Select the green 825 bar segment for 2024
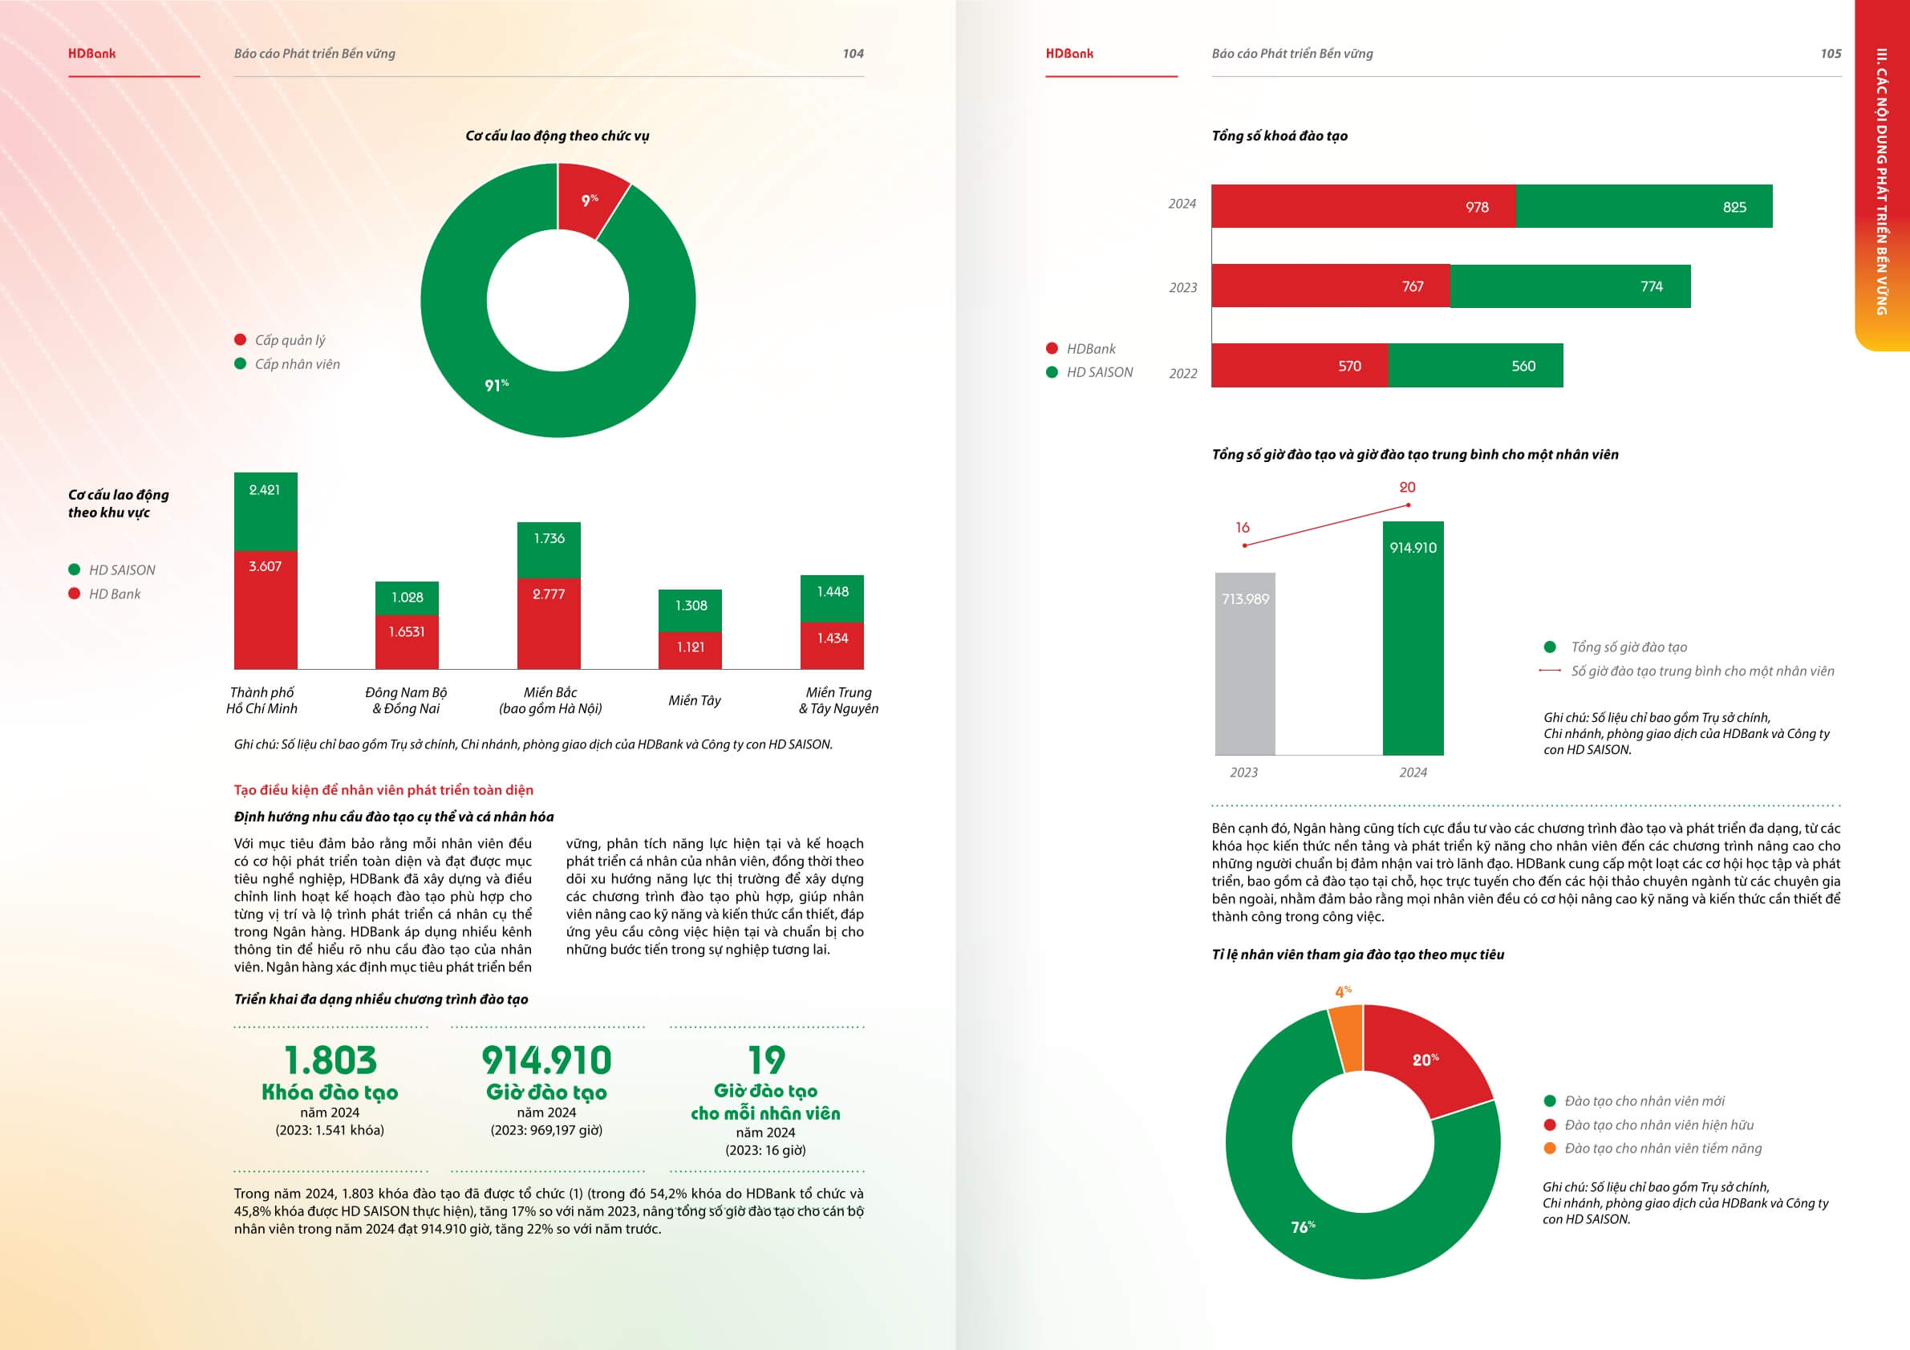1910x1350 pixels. click(x=1643, y=206)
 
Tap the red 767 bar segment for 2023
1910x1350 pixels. click(x=1330, y=286)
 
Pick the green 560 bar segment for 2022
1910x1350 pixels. click(x=1475, y=366)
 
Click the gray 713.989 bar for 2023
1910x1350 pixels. click(x=1244, y=664)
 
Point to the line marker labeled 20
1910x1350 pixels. click(x=1408, y=505)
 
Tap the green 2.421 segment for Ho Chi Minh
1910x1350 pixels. click(x=266, y=511)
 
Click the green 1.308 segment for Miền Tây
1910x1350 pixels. click(x=691, y=610)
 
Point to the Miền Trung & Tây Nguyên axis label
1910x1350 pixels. click(x=837, y=700)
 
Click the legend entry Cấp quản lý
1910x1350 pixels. click(x=290, y=340)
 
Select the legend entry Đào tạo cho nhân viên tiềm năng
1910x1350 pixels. click(x=1662, y=1149)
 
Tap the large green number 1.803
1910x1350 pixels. click(x=330, y=1060)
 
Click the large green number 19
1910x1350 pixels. click(x=765, y=1060)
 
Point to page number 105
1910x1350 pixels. click(x=1830, y=54)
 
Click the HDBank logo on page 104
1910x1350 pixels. click(x=92, y=54)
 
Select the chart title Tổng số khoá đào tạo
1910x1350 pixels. click(x=1279, y=136)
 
